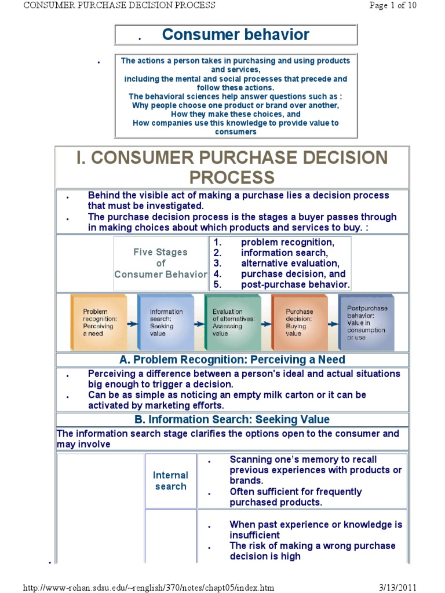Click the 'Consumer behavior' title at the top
point(236,35)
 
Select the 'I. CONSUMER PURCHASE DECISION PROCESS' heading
point(232,167)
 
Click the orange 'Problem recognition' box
point(98,322)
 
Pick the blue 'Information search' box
point(165,322)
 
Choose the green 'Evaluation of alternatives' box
point(232,322)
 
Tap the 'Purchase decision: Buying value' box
point(300,322)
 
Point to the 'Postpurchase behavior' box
point(366,322)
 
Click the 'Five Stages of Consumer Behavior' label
point(161,263)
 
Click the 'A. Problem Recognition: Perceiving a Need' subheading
point(232,360)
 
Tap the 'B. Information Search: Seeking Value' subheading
point(232,420)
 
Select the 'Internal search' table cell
point(170,481)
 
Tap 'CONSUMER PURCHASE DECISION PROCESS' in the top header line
point(119,5)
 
